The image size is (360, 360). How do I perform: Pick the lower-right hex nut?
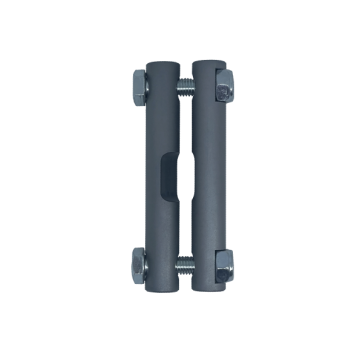pyautogui.click(x=222, y=268)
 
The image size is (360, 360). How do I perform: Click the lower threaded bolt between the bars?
pyautogui.click(x=180, y=268)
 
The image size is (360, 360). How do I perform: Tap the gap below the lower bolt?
pyautogui.click(x=180, y=287)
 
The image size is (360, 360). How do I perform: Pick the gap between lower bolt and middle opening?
pyautogui.click(x=180, y=235)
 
